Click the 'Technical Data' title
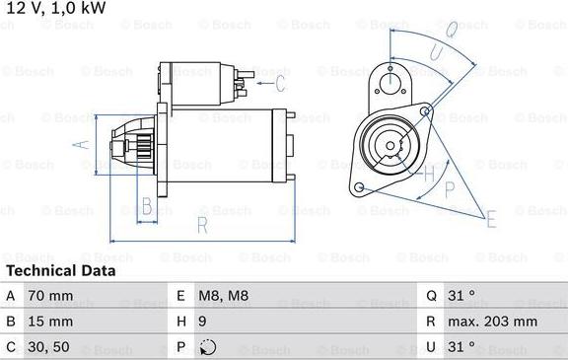[61, 270]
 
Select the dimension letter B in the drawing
[146, 207]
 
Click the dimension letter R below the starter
[201, 225]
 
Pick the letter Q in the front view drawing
[449, 32]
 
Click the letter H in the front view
[430, 175]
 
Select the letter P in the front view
[450, 186]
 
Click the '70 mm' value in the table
[51, 295]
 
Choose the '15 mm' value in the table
[51, 321]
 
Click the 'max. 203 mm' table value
[493, 321]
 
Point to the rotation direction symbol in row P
[206, 346]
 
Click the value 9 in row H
[203, 321]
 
